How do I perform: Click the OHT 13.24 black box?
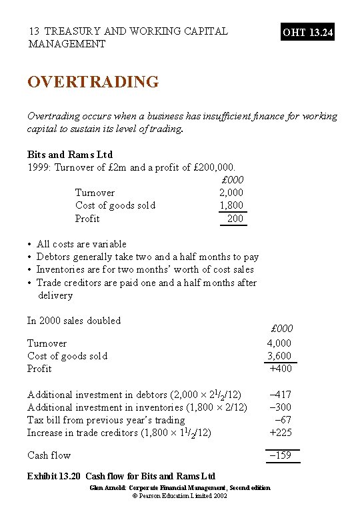pos(308,32)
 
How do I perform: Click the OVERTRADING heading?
pos(93,82)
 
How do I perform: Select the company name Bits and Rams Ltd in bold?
pos(70,155)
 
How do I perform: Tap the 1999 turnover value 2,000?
pos(232,193)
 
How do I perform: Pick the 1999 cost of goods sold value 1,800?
pos(232,205)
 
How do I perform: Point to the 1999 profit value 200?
pos(235,219)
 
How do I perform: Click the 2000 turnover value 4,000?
pos(279,343)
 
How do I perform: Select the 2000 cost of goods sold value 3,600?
pos(279,356)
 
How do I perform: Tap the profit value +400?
pos(280,369)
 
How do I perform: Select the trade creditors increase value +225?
pos(280,433)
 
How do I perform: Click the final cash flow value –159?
pos(280,456)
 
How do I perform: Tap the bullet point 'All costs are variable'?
pos(81,244)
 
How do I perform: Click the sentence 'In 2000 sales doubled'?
pos(74,321)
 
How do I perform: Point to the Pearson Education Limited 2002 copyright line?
pos(180,497)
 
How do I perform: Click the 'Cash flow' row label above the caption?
pos(49,456)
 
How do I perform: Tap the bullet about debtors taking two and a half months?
pos(147,257)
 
